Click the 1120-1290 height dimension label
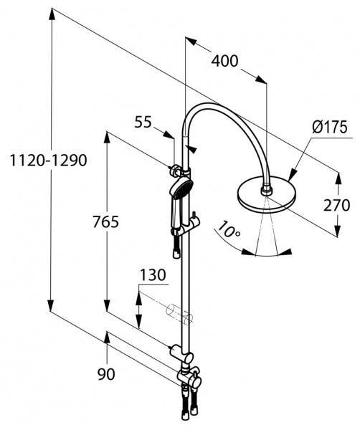pyautogui.click(x=48, y=160)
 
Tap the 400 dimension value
pyautogui.click(x=224, y=61)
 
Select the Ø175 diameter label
pyautogui.click(x=330, y=127)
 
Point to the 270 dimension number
pyautogui.click(x=336, y=205)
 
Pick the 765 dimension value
pyautogui.click(x=105, y=221)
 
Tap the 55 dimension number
pyautogui.click(x=143, y=122)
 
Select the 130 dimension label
pyautogui.click(x=153, y=275)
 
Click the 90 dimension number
pyautogui.click(x=106, y=374)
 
